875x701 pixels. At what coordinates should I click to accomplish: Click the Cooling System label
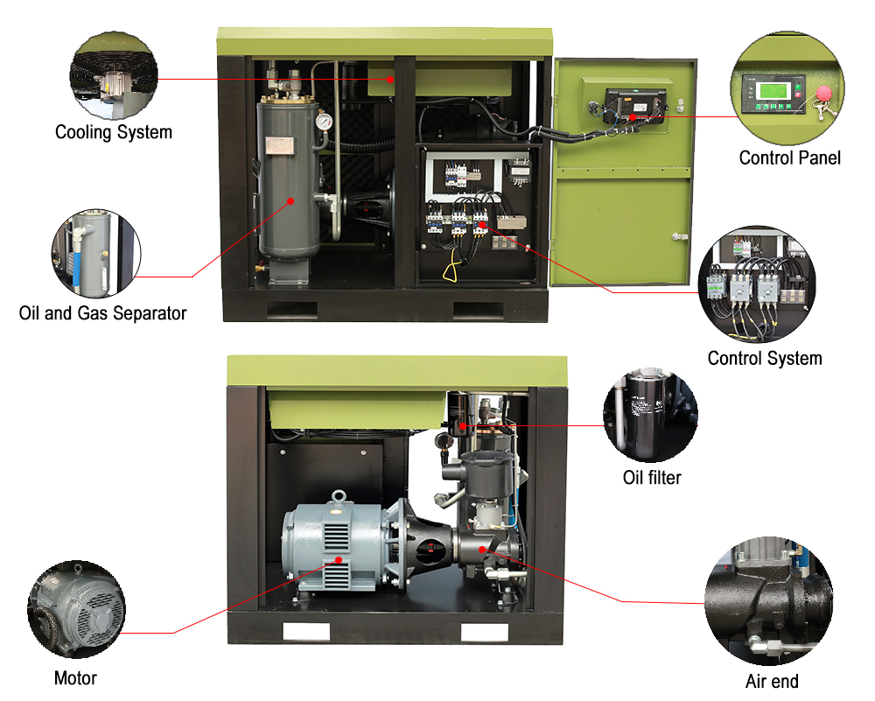click(x=114, y=133)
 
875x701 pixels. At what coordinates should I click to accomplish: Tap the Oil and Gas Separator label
click(x=102, y=312)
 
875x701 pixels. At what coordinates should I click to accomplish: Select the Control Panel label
click(x=789, y=158)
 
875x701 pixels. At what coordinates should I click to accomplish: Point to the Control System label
click(x=765, y=358)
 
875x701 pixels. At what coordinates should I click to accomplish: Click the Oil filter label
click(x=651, y=477)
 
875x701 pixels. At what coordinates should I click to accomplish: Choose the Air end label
click(x=772, y=681)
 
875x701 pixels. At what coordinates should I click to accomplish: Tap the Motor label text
click(x=75, y=678)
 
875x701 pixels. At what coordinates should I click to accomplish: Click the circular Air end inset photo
click(x=768, y=604)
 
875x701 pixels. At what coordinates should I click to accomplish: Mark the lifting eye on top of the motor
click(x=337, y=498)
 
